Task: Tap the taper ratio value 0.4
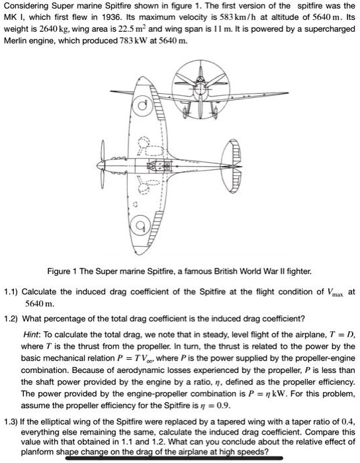344,421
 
